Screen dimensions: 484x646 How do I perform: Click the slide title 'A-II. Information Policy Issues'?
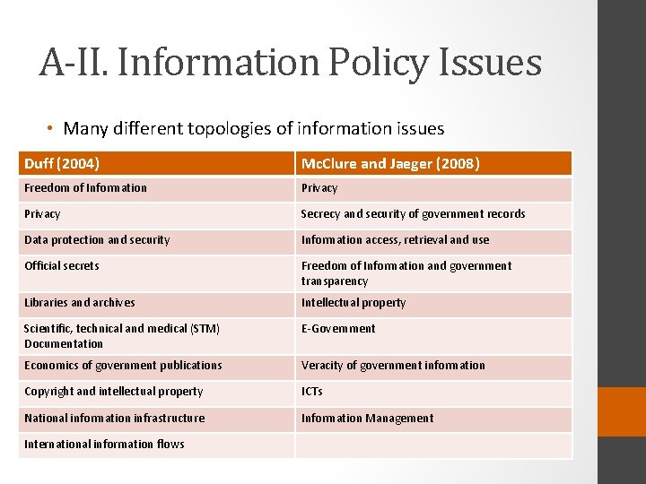(x=290, y=63)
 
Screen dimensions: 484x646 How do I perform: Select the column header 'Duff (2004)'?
(x=62, y=163)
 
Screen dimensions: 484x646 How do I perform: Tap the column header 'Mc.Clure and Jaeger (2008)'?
(x=390, y=163)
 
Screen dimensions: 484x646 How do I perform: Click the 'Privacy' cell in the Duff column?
(x=42, y=214)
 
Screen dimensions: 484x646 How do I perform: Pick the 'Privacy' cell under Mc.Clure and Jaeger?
(x=319, y=188)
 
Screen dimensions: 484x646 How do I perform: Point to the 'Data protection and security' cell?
(x=97, y=240)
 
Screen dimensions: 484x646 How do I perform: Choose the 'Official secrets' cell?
(x=62, y=266)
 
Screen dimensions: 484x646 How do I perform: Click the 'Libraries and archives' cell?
(x=80, y=303)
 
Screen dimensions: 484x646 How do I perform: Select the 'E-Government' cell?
(x=338, y=329)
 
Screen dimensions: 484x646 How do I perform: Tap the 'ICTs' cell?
(x=312, y=392)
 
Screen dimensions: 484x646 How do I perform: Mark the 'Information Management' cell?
(x=367, y=419)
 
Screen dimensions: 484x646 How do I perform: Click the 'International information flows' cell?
(x=104, y=445)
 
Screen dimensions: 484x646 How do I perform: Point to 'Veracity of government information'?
(x=393, y=366)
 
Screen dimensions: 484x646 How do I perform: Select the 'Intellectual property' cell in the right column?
(x=354, y=303)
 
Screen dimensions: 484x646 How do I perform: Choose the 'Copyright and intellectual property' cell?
(x=114, y=392)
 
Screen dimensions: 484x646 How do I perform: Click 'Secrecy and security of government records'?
(x=413, y=214)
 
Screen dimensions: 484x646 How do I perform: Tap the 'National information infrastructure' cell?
(x=115, y=419)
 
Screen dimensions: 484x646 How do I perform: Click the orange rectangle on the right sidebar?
(x=622, y=411)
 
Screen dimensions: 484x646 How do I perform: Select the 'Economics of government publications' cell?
(x=123, y=366)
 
